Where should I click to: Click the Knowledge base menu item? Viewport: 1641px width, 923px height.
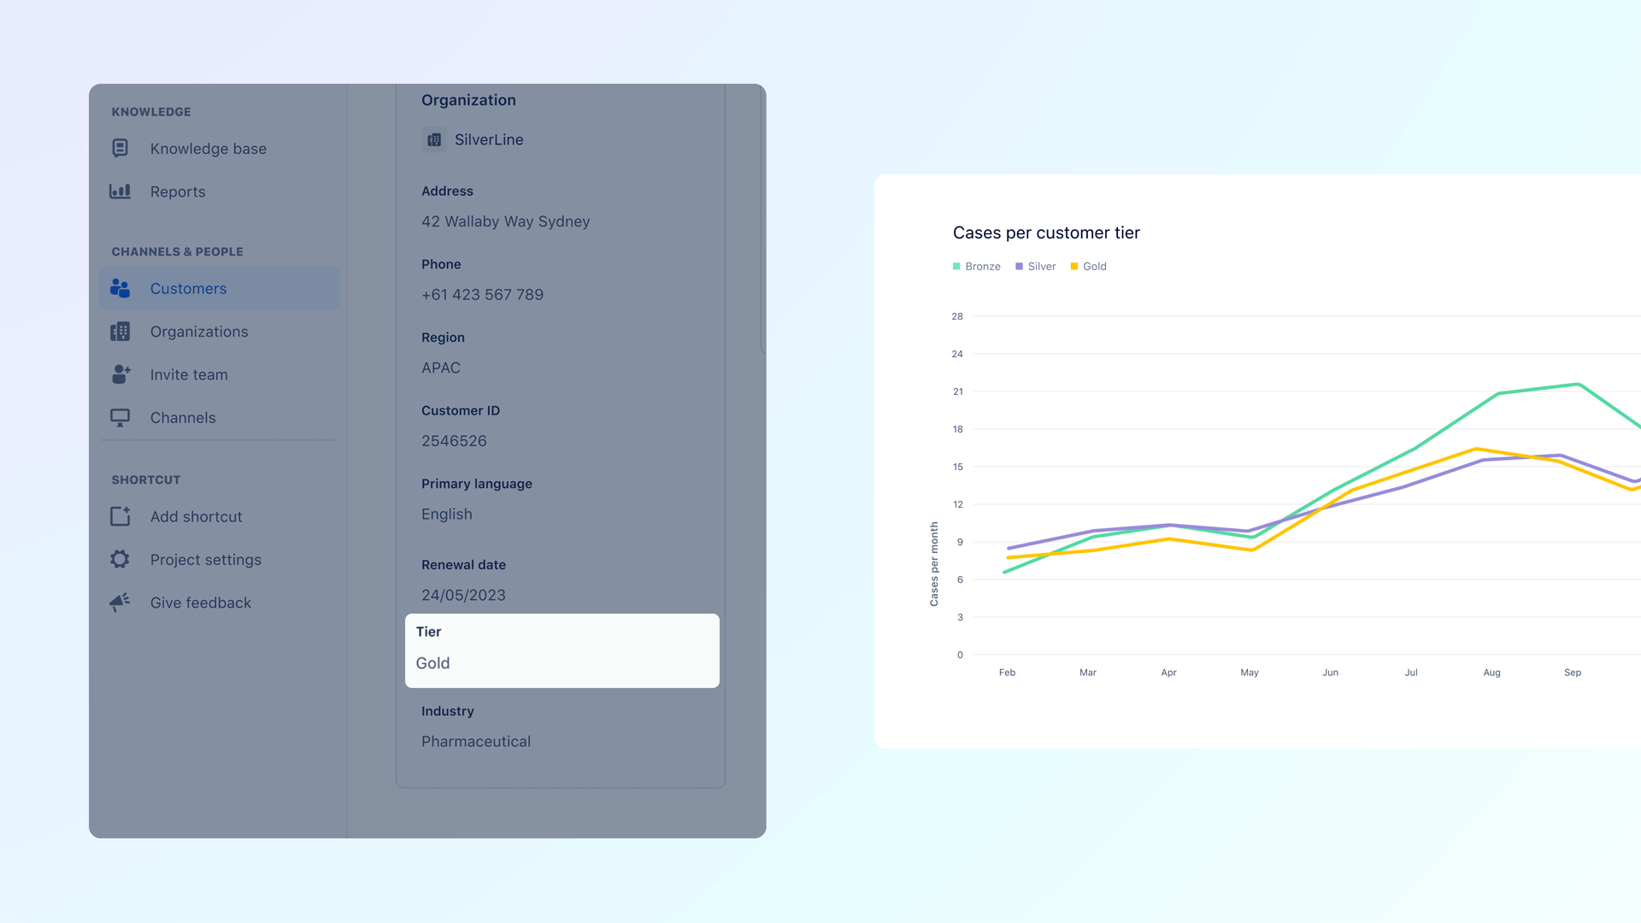tap(208, 149)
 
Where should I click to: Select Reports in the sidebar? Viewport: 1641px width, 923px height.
tap(177, 191)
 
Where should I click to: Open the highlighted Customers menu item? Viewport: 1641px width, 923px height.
tap(188, 289)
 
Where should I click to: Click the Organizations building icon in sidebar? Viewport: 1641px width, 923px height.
tap(121, 332)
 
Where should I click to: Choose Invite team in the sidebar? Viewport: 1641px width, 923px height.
tap(188, 374)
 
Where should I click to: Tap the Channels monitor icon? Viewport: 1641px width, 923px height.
tap(121, 418)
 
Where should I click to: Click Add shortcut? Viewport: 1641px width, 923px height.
tap(196, 517)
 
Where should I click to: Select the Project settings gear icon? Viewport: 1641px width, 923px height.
tap(121, 560)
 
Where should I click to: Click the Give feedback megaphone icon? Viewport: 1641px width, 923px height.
tap(121, 603)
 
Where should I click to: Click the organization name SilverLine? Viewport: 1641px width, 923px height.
tap(488, 140)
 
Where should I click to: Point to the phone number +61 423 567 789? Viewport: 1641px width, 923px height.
tap(482, 295)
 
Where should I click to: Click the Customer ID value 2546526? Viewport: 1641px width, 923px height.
tap(454, 441)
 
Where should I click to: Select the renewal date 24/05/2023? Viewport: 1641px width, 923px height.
tap(463, 596)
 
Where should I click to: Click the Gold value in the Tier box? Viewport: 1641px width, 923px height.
tap(432, 663)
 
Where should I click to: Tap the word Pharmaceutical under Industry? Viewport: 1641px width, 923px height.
tap(476, 742)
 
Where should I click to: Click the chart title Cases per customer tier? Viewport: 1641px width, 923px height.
tap(1046, 233)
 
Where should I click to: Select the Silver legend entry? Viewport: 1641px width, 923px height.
tap(1036, 267)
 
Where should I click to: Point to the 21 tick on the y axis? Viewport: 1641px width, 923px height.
tap(957, 391)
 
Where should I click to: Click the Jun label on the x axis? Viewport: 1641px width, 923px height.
tap(1330, 673)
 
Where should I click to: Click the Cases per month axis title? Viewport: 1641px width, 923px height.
tap(934, 564)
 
